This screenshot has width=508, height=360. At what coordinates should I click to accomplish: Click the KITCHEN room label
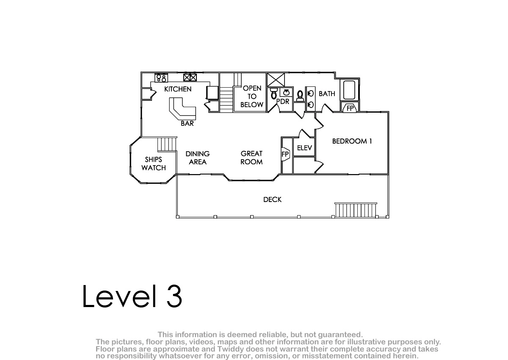click(178, 89)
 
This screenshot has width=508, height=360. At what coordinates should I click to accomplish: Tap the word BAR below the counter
click(187, 123)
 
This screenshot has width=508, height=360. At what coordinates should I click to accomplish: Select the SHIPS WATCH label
click(154, 163)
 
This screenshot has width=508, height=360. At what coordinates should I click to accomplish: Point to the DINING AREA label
click(198, 158)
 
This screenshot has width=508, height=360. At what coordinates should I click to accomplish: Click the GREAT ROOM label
click(251, 158)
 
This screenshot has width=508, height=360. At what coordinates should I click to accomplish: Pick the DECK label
click(272, 199)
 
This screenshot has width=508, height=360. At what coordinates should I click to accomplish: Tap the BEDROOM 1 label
click(352, 141)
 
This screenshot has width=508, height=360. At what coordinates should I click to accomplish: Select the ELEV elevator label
click(304, 148)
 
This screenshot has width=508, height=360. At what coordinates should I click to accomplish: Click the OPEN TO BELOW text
click(252, 97)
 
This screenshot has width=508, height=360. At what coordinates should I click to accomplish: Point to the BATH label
click(327, 94)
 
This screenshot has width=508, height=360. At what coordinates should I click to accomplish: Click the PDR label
click(283, 102)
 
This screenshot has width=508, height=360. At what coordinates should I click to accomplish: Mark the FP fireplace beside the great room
click(285, 154)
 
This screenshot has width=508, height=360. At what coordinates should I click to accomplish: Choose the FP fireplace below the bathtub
click(351, 108)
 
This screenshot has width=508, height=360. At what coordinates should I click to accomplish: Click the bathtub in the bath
click(349, 90)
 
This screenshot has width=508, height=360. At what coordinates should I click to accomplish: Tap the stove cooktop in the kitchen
click(161, 78)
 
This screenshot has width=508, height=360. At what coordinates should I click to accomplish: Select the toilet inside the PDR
click(274, 94)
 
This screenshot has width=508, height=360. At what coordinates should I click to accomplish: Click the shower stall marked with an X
click(276, 80)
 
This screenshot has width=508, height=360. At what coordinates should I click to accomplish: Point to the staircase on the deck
click(356, 210)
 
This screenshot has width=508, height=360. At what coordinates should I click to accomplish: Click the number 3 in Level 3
click(174, 296)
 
